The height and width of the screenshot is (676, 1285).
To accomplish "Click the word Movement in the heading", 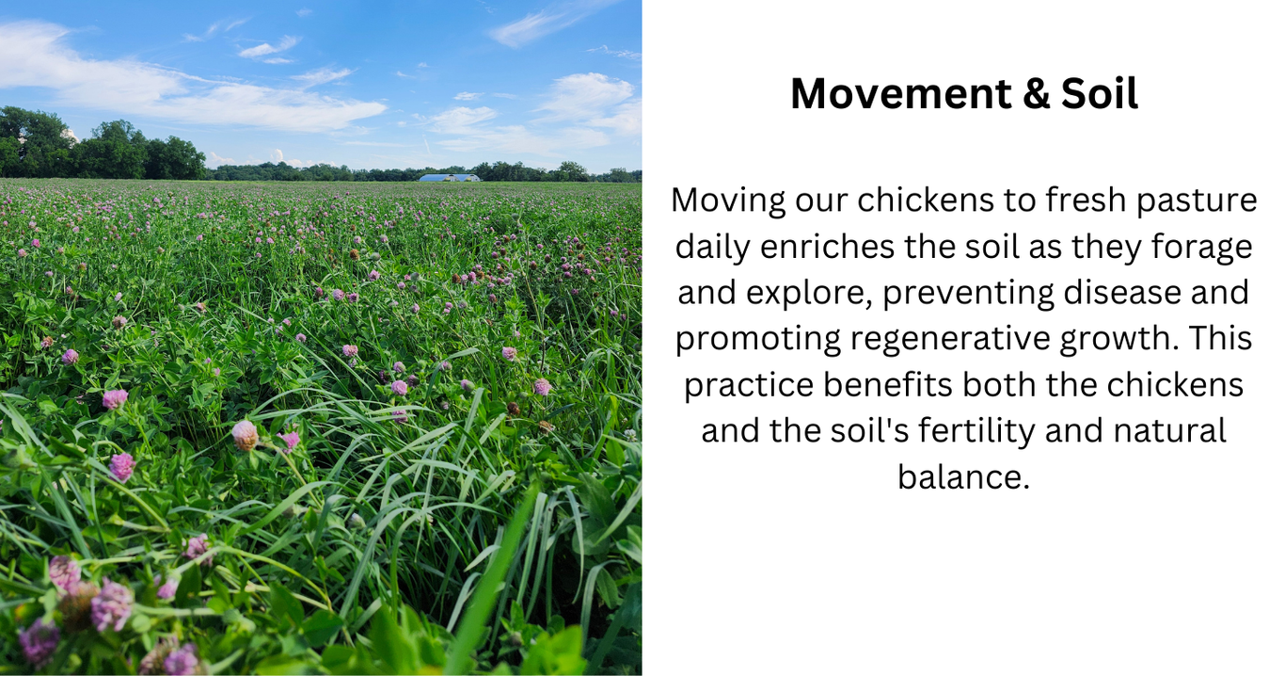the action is coord(901,93).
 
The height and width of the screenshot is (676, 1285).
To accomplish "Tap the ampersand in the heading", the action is coord(1037,93).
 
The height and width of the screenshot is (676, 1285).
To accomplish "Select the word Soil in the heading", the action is coord(1100,93).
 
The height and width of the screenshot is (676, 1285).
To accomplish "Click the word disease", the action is coord(1122,293).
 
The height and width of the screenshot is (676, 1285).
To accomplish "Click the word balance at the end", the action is coord(963,476).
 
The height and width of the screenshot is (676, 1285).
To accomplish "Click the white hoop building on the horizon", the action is coord(449,178).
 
